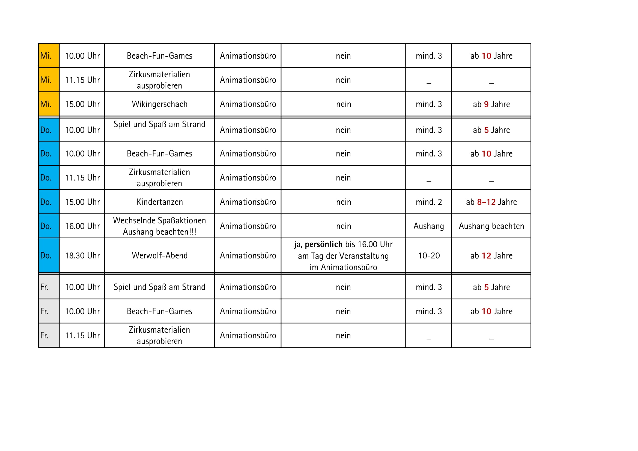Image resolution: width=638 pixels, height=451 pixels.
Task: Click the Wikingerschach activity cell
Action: [x=159, y=104]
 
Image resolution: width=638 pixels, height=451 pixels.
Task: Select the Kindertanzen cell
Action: [x=159, y=202]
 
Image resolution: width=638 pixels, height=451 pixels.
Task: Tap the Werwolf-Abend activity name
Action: [x=159, y=255]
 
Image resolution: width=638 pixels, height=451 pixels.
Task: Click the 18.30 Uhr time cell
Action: [x=82, y=255]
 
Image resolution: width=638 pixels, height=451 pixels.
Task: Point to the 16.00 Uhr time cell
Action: [x=82, y=226]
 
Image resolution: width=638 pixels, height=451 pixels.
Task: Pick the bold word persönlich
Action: [x=323, y=244]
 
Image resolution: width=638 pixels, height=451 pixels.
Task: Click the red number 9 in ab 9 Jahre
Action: [x=486, y=104]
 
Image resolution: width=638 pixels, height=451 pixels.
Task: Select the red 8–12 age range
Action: [x=486, y=202]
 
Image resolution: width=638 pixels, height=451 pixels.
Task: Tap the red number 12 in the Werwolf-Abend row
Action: [x=486, y=255]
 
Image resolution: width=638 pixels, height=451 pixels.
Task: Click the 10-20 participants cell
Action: [x=429, y=255]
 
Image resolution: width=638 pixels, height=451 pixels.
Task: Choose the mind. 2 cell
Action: [x=429, y=202]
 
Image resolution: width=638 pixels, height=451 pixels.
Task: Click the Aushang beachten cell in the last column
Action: [x=491, y=226]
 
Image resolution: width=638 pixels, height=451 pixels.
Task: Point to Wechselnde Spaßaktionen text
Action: [x=159, y=221]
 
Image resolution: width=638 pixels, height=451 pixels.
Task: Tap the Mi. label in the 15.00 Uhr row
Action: [x=46, y=104]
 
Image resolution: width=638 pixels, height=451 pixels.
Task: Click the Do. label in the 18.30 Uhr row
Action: [x=46, y=255]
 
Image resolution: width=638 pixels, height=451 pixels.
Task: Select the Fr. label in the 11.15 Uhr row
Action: [x=44, y=335]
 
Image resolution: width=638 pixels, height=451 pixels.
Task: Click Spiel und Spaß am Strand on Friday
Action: [x=159, y=287]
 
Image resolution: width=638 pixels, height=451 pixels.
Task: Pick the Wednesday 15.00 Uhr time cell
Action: [x=82, y=104]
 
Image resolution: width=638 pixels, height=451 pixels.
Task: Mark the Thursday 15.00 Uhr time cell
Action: [x=82, y=202]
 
